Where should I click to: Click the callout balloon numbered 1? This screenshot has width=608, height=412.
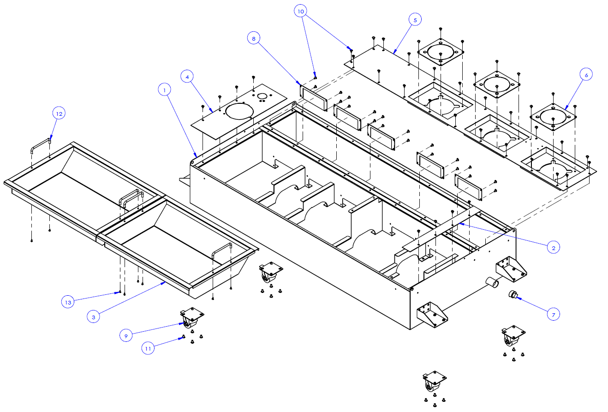164,90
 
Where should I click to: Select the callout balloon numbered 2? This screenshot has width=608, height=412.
554,248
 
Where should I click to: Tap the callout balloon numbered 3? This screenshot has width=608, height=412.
93,317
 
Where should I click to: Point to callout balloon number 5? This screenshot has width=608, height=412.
415,19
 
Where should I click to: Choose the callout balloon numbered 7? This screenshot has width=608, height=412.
553,315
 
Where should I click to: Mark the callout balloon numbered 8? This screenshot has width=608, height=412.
253,38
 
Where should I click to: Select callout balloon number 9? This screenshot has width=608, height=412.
126,335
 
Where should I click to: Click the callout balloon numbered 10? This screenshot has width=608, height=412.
300,11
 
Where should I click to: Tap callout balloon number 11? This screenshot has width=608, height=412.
148,349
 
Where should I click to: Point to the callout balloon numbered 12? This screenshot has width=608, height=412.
59,113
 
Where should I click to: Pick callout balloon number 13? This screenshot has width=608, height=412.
68,302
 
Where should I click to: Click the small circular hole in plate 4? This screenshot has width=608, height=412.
262,96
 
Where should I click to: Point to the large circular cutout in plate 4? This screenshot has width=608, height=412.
237,111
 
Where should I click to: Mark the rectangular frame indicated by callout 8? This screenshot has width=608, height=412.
314,98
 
